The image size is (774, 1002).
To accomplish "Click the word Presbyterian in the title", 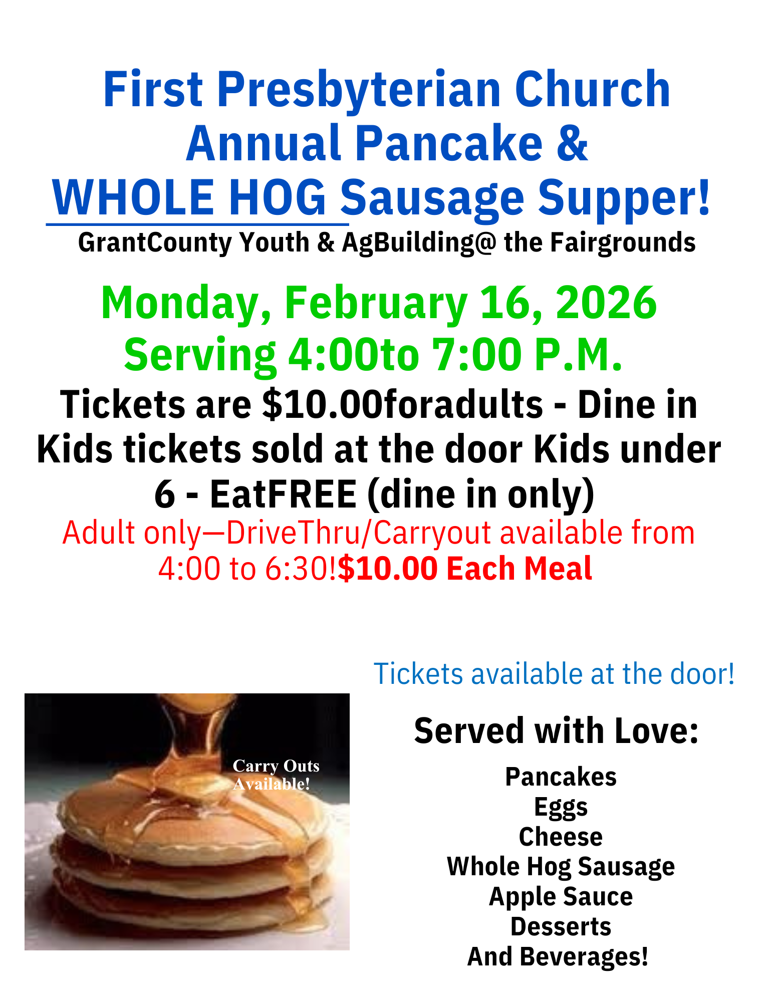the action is pyautogui.click(x=358, y=90).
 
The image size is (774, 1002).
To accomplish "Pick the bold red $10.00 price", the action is pyautogui.click(x=387, y=569).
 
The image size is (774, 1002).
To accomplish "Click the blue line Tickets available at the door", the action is pyautogui.click(x=554, y=674).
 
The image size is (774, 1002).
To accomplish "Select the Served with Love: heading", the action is pyautogui.click(x=556, y=731).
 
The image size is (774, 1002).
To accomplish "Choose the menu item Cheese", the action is pyautogui.click(x=561, y=837).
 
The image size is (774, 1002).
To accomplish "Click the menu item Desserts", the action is pyautogui.click(x=561, y=927).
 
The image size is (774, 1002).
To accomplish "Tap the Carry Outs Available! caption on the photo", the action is pyautogui.click(x=276, y=775).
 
